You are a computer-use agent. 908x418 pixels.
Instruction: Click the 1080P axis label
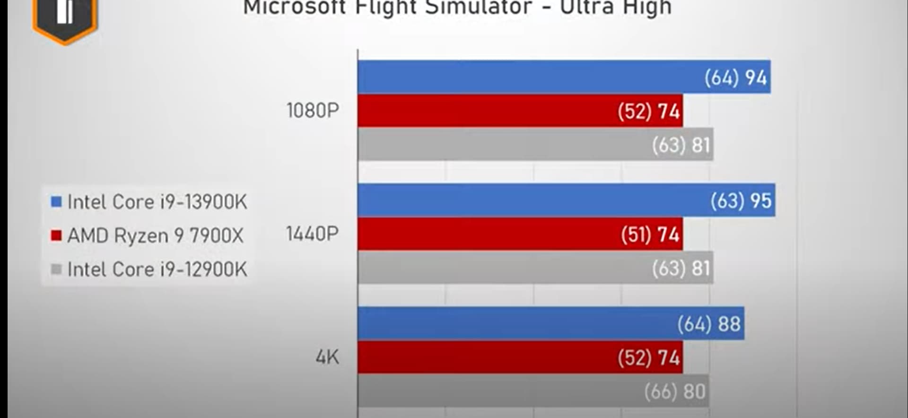tap(313, 111)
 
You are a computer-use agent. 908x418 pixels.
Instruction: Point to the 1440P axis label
tap(312, 234)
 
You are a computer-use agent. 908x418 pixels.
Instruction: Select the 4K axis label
tap(327, 357)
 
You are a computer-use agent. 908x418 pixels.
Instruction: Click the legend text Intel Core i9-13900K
tap(157, 202)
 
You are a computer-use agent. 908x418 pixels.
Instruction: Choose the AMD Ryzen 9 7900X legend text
tap(155, 235)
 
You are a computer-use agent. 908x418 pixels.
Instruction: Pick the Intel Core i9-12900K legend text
tap(157, 270)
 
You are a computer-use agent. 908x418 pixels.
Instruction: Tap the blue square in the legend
tap(56, 202)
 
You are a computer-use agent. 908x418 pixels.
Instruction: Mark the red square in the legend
tap(56, 235)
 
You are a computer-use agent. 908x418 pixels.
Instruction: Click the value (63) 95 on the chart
tap(741, 200)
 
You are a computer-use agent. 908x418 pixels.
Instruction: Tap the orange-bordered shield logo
tap(64, 19)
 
